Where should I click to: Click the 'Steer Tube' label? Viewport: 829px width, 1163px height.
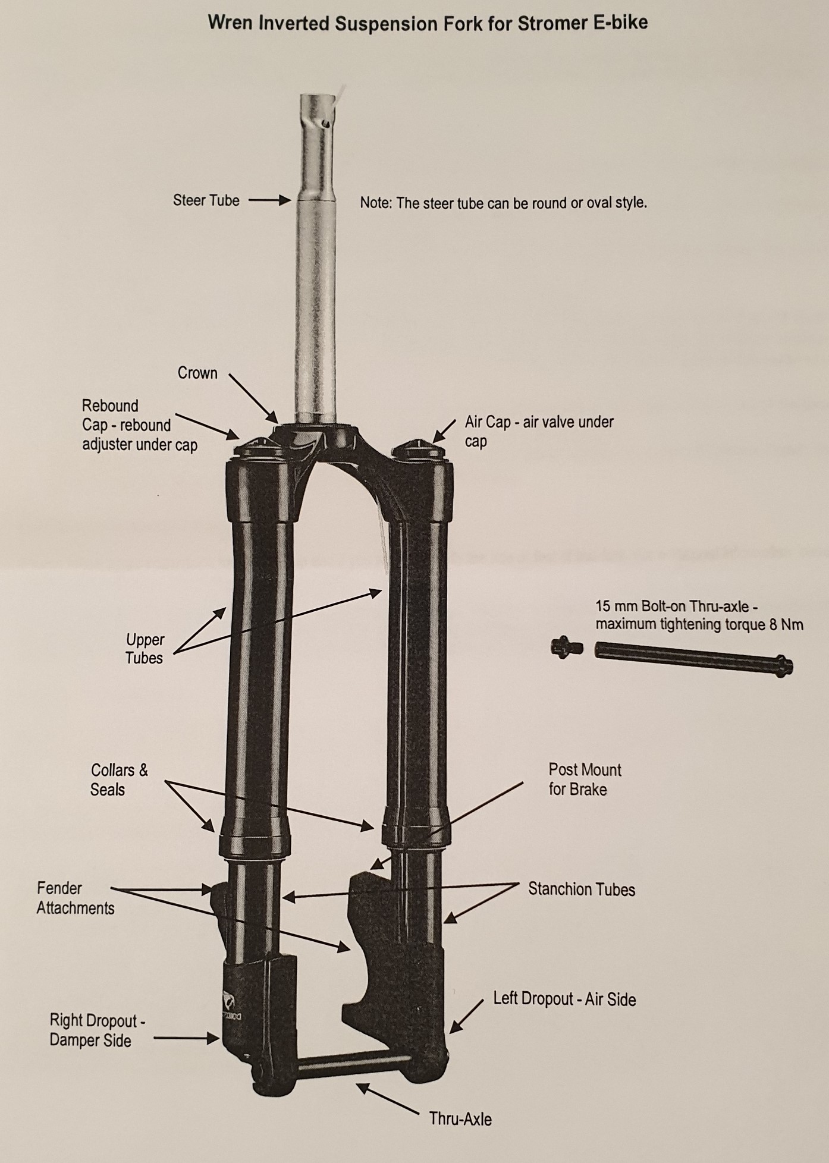coord(206,200)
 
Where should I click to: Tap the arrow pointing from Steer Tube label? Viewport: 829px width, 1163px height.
coord(269,201)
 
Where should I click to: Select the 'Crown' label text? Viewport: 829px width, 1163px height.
coord(197,373)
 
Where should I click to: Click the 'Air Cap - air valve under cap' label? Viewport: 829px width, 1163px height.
coord(539,432)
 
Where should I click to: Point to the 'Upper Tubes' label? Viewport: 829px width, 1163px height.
coord(145,649)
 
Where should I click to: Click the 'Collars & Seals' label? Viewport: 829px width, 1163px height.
coord(119,779)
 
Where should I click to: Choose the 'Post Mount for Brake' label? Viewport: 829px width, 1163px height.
coord(585,779)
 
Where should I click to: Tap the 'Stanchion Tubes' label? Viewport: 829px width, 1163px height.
coord(582,889)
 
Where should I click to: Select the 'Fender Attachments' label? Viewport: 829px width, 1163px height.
coord(76,898)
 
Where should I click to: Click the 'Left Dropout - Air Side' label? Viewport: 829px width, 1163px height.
coord(564,999)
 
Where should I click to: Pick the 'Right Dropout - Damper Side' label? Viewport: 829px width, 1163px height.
coord(98,1030)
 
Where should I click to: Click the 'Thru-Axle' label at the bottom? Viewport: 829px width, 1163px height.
coord(460,1119)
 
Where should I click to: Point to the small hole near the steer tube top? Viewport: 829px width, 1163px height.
coord(325,123)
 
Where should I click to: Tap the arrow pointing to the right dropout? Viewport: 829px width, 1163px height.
coord(187,1038)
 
